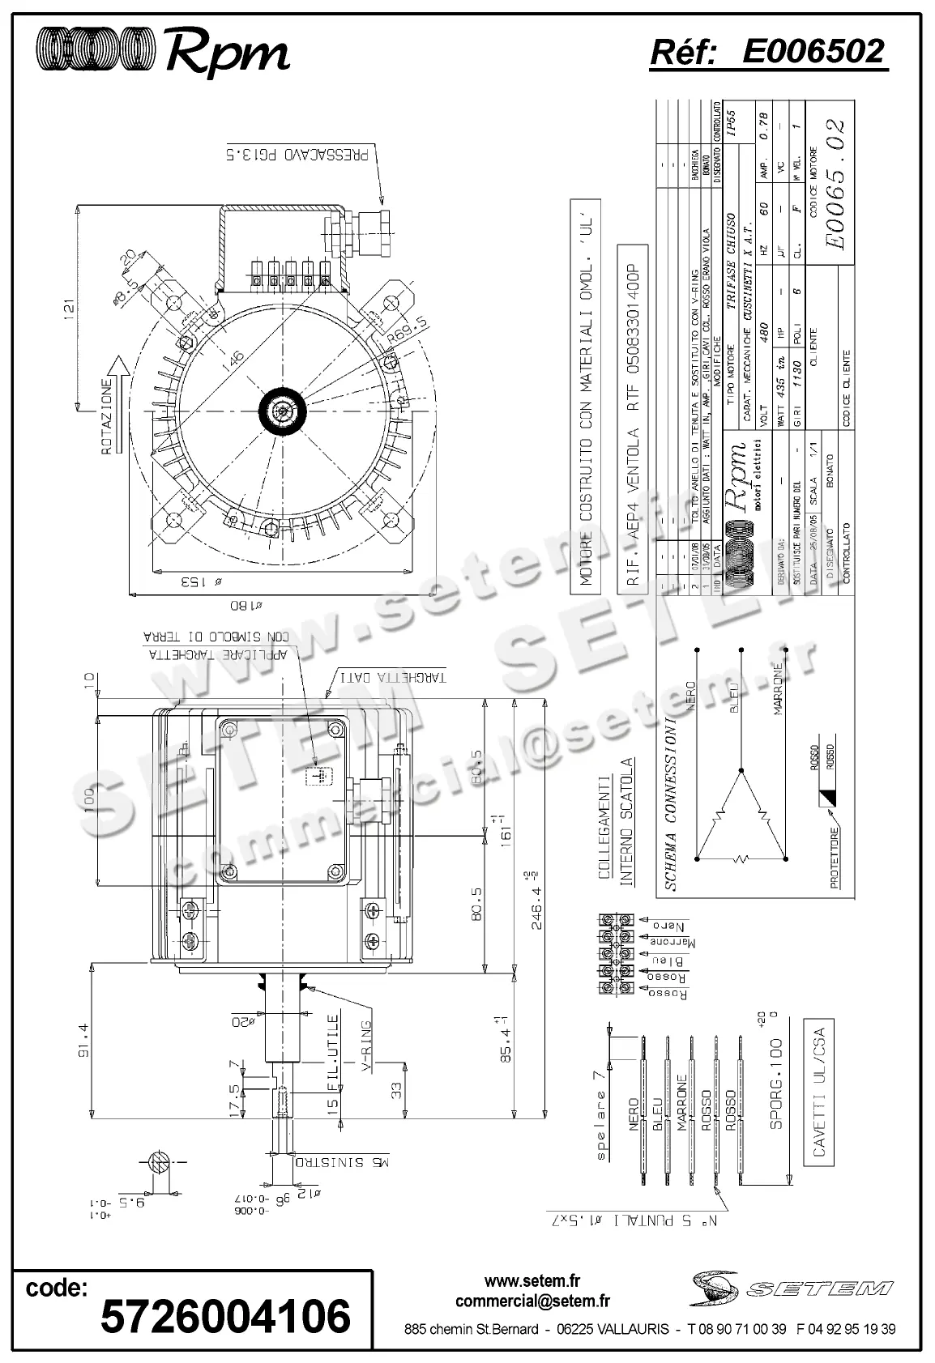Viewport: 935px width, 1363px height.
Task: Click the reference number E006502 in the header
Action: [813, 52]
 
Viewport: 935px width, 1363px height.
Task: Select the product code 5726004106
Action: [225, 1314]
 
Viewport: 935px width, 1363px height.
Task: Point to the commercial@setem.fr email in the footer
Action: [532, 1301]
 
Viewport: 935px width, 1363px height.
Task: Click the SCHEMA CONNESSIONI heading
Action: [670, 802]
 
